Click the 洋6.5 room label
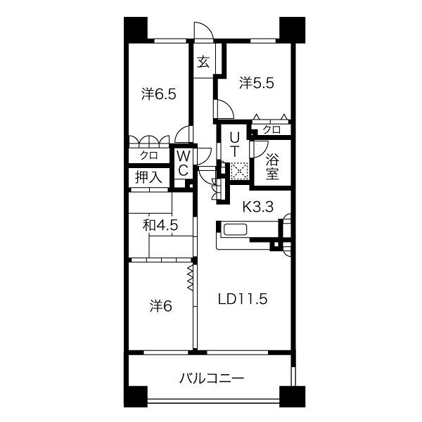158,94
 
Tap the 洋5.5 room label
255,83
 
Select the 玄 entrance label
203,62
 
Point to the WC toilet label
182,162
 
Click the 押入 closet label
148,177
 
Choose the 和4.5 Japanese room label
160,226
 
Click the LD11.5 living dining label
242,298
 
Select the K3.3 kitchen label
258,207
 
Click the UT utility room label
235,142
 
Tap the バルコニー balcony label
211,379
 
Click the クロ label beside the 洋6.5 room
148,155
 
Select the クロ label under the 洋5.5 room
271,129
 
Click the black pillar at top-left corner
136,28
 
